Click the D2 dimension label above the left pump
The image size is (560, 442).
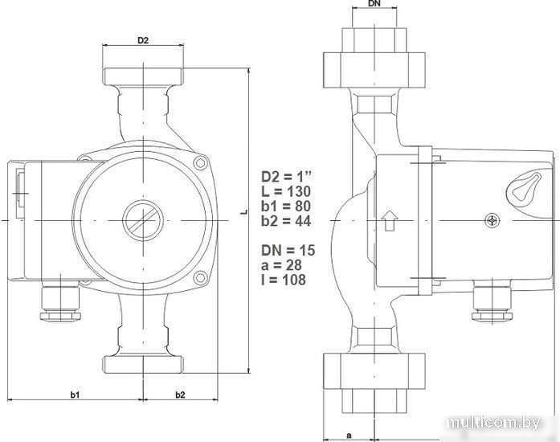[x=143, y=40]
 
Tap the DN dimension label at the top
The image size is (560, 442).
[x=374, y=3]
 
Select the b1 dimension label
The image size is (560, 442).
[x=75, y=395]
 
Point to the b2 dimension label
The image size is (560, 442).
[x=180, y=395]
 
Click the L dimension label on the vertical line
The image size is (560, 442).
[x=244, y=212]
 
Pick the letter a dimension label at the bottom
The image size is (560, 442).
[x=349, y=436]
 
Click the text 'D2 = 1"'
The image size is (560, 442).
[x=287, y=177]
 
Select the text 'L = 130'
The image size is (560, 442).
[x=286, y=191]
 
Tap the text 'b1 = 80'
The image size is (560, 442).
[x=286, y=207]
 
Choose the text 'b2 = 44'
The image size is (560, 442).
[x=286, y=221]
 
